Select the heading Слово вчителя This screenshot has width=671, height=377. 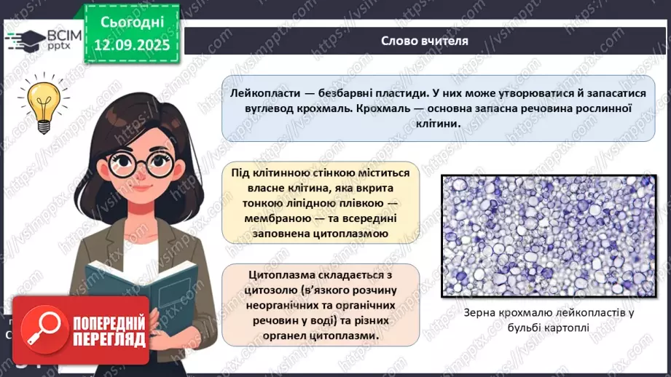[425, 41]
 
